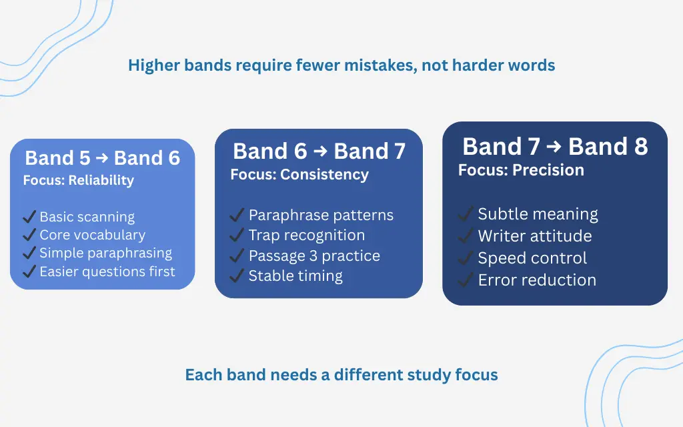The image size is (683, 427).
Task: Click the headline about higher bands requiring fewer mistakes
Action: (x=341, y=65)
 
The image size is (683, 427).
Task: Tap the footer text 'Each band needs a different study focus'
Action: (x=341, y=374)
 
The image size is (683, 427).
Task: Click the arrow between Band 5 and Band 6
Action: (x=102, y=158)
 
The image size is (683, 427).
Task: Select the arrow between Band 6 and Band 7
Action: (x=320, y=151)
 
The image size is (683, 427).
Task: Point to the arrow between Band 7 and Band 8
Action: (x=554, y=147)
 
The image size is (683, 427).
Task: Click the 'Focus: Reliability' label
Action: (x=78, y=180)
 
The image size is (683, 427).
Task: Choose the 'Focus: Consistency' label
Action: (x=299, y=175)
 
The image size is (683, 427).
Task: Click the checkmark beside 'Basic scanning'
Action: (x=29, y=217)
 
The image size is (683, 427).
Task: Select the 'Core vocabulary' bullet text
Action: (x=92, y=235)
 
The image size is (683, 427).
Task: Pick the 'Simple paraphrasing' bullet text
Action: (x=105, y=253)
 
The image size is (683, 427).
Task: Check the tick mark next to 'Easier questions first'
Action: (x=29, y=272)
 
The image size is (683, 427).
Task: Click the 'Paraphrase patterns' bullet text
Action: (x=321, y=215)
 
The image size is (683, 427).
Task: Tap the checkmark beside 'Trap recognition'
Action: (x=237, y=236)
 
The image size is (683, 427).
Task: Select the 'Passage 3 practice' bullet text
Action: (x=314, y=256)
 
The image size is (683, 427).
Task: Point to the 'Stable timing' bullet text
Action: (x=295, y=276)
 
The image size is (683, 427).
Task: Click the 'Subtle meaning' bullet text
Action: (x=538, y=214)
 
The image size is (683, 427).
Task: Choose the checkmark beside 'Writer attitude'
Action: (x=466, y=236)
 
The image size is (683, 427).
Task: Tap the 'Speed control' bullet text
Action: (x=532, y=258)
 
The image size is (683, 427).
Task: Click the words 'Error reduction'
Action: (x=537, y=280)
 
